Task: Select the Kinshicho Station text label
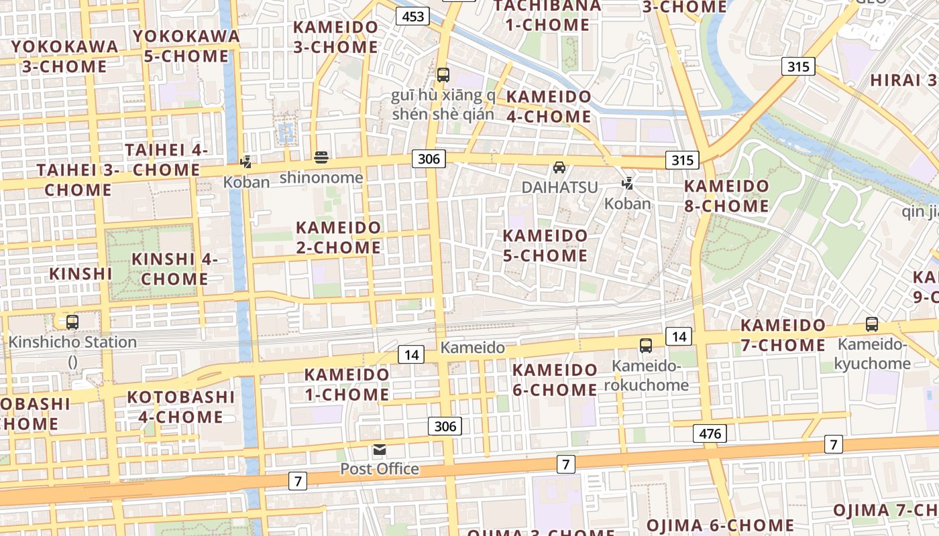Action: (x=72, y=342)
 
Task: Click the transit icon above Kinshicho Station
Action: (x=72, y=322)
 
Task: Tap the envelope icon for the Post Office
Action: (x=380, y=450)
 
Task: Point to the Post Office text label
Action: (x=380, y=469)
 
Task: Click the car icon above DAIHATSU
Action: (x=559, y=167)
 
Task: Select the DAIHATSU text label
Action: (x=559, y=187)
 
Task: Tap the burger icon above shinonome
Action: (x=321, y=158)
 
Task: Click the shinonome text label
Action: (x=321, y=178)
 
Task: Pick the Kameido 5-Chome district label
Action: (x=545, y=245)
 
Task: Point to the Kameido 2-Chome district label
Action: (x=338, y=237)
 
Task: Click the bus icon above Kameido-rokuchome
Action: (x=646, y=346)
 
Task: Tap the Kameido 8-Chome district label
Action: (x=726, y=196)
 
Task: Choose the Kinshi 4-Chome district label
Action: (x=174, y=269)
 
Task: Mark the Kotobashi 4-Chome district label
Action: (x=181, y=407)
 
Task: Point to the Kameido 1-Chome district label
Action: (x=347, y=385)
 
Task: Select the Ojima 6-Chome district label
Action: (x=720, y=525)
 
